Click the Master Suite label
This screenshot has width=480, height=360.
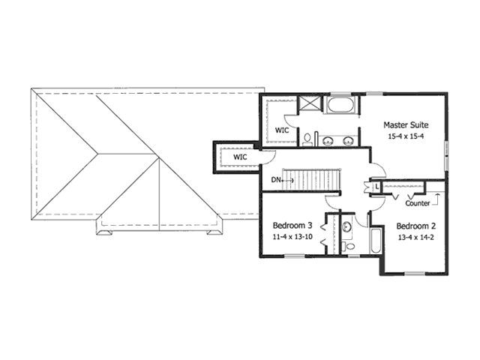click(406, 125)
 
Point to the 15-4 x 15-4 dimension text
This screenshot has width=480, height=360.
click(406, 136)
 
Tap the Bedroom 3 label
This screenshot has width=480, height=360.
click(292, 226)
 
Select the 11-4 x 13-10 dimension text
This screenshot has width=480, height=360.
click(292, 237)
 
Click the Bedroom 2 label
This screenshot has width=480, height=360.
click(416, 226)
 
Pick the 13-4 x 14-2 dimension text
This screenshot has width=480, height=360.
click(416, 237)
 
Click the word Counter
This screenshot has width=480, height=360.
click(418, 203)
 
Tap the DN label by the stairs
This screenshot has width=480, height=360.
click(275, 180)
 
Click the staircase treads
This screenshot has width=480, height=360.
click(311, 180)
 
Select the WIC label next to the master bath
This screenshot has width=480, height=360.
click(282, 130)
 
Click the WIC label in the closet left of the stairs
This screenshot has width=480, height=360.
click(240, 157)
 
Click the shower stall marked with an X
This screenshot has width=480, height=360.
click(309, 102)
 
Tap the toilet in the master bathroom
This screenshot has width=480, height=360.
click(307, 139)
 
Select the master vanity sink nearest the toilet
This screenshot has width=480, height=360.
click(328, 140)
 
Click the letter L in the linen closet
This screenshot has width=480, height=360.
click(376, 187)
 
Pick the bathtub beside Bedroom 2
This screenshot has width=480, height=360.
click(375, 241)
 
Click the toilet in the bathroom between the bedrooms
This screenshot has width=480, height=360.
click(348, 246)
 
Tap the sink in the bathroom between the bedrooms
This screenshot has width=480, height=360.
click(347, 227)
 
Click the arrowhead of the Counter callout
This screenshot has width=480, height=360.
click(438, 194)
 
